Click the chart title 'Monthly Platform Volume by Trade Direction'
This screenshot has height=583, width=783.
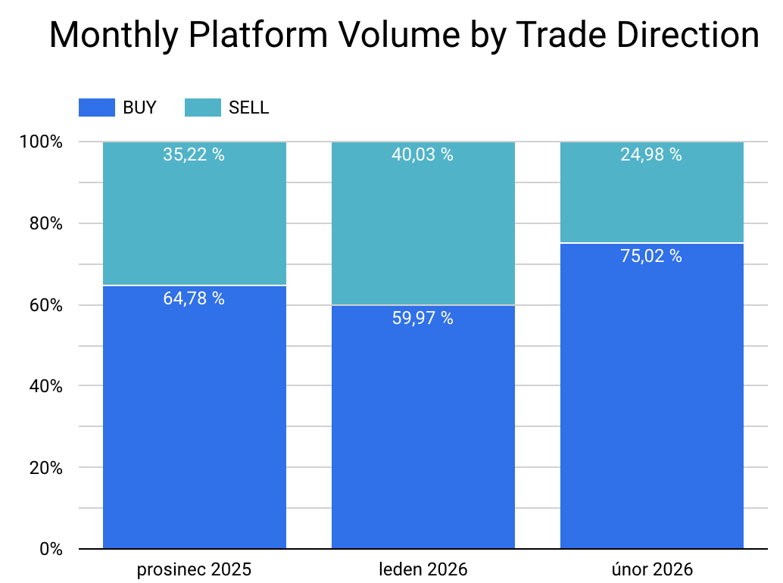click(x=404, y=36)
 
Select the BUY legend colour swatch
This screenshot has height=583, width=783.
click(x=96, y=108)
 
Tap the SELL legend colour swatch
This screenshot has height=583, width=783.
click(x=202, y=108)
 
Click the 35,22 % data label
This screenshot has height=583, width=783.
click(x=194, y=155)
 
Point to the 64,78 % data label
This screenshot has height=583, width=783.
click(x=194, y=298)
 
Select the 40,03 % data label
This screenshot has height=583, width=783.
click(x=423, y=155)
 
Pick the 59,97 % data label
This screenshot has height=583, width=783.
click(x=423, y=318)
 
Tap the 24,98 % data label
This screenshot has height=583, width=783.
click(x=651, y=155)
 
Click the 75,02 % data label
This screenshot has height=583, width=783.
click(x=651, y=257)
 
